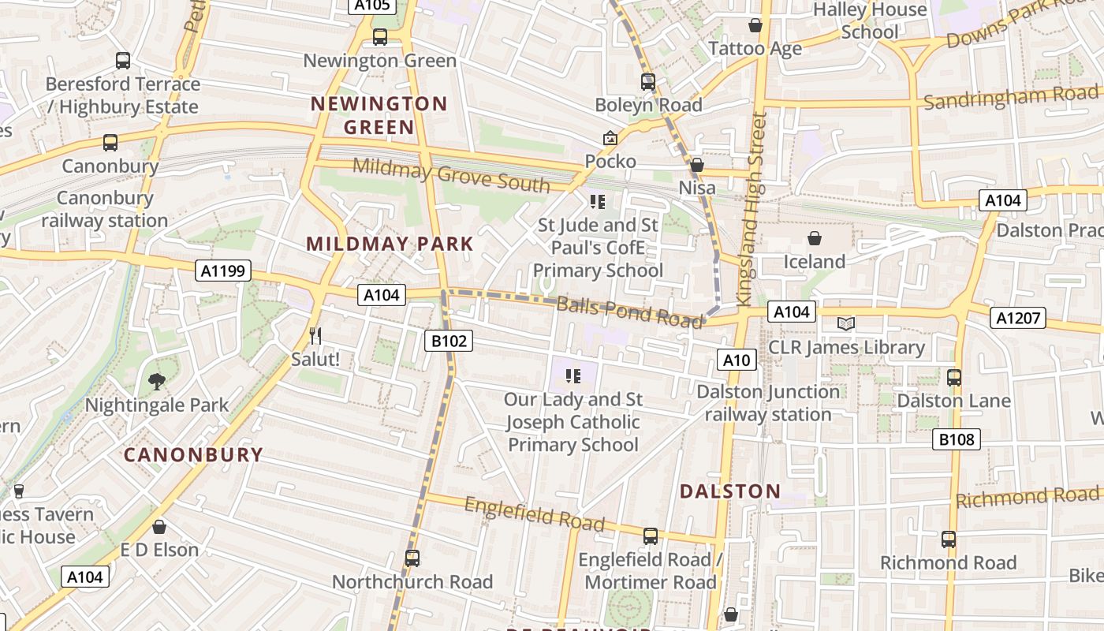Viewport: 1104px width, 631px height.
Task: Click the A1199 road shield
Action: click(223, 271)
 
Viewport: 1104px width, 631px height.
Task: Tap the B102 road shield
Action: click(449, 341)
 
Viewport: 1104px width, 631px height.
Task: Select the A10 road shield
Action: click(737, 360)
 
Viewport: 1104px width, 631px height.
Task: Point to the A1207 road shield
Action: click(1018, 318)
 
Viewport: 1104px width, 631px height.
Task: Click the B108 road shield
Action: click(957, 439)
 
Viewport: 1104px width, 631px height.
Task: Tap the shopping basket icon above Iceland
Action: click(814, 238)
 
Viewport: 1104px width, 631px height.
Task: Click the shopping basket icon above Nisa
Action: click(696, 166)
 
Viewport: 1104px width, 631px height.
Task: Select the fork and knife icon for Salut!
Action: click(315, 336)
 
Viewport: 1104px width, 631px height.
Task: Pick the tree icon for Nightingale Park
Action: click(157, 382)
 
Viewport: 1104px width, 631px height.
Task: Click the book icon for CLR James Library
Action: click(845, 323)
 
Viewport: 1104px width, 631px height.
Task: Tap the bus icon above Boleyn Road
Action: click(647, 81)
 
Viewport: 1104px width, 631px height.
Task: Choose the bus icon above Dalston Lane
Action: click(953, 377)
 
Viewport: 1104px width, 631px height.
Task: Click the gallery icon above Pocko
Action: click(610, 139)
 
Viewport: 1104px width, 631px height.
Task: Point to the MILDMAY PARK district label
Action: click(390, 244)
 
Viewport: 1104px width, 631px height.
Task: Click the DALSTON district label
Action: click(729, 491)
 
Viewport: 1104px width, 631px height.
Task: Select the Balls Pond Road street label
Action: click(628, 311)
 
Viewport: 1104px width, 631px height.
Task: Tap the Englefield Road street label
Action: click(534, 513)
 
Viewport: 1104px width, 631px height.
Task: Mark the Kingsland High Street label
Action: click(751, 209)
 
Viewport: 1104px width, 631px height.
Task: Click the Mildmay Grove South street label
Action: click(451, 175)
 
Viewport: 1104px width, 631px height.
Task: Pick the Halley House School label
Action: click(870, 21)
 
